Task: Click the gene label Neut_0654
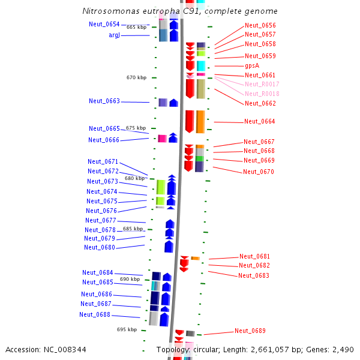[x=104, y=24]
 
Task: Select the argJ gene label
[x=115, y=35]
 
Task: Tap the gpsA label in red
[x=252, y=65]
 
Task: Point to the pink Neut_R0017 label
[x=262, y=84]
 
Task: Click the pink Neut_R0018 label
[x=262, y=94]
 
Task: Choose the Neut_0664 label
[x=260, y=121]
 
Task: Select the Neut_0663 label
[x=104, y=101]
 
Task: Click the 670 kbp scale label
[x=136, y=77]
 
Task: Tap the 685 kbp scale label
[x=133, y=229]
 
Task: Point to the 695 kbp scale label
[x=127, y=329]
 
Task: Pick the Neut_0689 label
[x=250, y=331]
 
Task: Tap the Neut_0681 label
[x=255, y=256]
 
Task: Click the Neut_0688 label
[x=95, y=314]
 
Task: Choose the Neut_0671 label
[x=103, y=161]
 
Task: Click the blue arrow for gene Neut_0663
[x=173, y=103]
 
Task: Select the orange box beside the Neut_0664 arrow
[x=200, y=121]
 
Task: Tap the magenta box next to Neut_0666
[x=162, y=139]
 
